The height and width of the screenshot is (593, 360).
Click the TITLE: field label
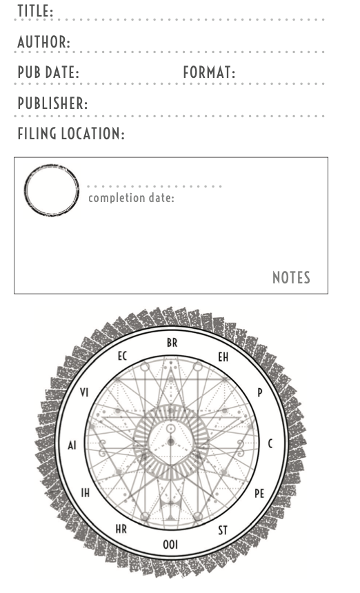pyautogui.click(x=35, y=11)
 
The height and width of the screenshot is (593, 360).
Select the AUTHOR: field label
pyautogui.click(x=44, y=41)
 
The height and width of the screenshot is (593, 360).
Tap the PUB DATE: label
pyautogui.click(x=48, y=72)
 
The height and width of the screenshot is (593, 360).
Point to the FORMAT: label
pyautogui.click(x=209, y=72)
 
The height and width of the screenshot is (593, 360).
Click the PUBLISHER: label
pyautogui.click(x=52, y=103)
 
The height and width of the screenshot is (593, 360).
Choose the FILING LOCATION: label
pyautogui.click(x=71, y=134)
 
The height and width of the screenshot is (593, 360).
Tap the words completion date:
pyautogui.click(x=131, y=198)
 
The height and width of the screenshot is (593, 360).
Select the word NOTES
pyautogui.click(x=291, y=278)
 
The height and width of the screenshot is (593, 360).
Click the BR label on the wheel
pyautogui.click(x=172, y=343)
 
